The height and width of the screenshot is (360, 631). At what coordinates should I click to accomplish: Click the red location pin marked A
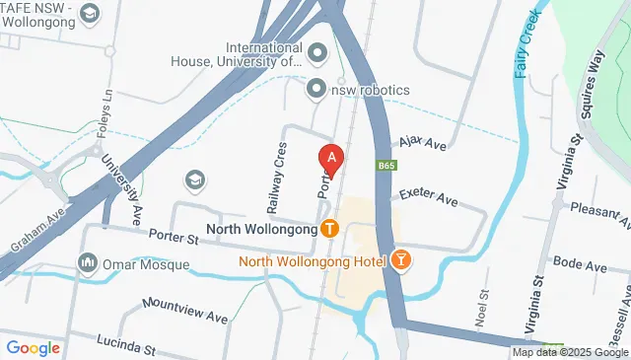(x=332, y=158)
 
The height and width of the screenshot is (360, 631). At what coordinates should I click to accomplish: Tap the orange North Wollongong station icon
(x=329, y=229)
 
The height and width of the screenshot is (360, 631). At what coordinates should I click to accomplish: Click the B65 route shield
(x=386, y=168)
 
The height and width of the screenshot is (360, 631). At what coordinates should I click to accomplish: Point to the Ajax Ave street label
(x=423, y=145)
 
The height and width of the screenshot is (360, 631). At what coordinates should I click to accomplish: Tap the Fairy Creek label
(x=523, y=43)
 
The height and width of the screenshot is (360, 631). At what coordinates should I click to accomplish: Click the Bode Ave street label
(x=580, y=264)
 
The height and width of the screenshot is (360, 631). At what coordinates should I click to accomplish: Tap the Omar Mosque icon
(x=87, y=263)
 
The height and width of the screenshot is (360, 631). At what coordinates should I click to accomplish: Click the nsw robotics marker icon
(x=316, y=89)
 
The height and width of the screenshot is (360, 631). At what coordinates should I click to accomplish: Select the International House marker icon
(x=317, y=51)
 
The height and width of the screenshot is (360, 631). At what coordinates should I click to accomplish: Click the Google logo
(x=33, y=347)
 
